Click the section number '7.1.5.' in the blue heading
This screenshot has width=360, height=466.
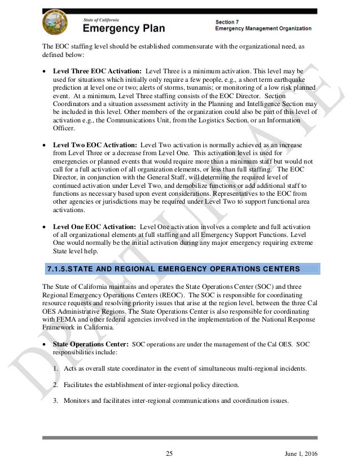60,267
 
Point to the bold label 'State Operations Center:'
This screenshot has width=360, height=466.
90,344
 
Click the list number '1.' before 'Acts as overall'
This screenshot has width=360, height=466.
55,368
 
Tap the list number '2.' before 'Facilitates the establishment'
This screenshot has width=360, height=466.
55,385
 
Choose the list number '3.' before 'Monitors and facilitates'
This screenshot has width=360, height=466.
55,401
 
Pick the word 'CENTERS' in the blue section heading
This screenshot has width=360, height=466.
284,267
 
